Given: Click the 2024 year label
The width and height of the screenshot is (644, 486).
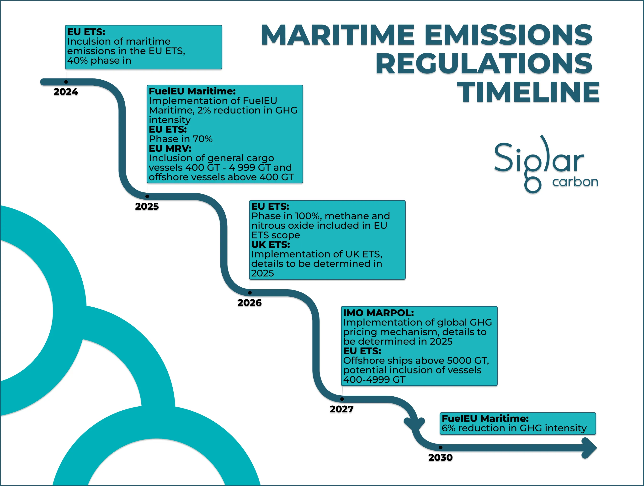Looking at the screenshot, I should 66,92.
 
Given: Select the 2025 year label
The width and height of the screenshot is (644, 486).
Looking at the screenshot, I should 147,206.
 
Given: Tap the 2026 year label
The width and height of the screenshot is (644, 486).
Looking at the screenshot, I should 250,303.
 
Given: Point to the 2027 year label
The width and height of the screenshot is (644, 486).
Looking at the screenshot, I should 341,409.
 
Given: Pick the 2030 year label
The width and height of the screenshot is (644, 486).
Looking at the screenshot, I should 440,457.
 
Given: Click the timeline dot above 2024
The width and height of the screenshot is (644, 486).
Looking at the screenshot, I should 66,82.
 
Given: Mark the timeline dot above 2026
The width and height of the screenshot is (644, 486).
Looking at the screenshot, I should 250,293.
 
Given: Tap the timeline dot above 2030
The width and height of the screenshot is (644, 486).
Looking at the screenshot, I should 441,447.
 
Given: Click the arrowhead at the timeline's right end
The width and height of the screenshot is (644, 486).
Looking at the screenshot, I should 590,448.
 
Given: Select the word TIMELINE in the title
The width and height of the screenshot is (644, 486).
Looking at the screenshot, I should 528,92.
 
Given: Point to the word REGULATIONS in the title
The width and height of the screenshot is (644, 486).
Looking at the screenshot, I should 484,63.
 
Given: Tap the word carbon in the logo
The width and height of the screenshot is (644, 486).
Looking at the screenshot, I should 575,182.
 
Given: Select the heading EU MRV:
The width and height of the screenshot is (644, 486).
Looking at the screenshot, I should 170,149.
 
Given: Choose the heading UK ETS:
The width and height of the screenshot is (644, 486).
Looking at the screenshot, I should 271,244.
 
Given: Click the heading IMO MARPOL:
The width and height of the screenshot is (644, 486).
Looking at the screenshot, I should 378,313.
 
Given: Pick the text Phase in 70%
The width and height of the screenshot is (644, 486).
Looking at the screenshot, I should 181,139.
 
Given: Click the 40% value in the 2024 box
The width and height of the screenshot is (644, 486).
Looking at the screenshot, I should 77,61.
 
